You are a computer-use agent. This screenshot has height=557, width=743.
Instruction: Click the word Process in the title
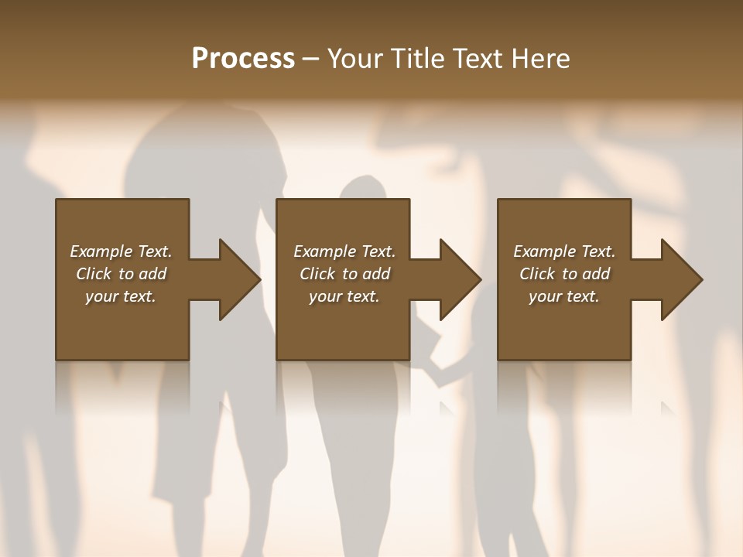243,59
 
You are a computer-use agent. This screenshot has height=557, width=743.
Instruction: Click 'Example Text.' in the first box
121,251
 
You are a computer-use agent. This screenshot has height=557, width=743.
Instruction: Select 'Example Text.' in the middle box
344,251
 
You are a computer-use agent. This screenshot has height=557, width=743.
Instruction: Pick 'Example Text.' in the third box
564,251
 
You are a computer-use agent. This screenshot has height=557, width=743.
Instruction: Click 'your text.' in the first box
121,296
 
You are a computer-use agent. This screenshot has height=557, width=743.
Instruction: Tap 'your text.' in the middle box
344,296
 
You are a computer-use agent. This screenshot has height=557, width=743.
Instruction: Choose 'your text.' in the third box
564,296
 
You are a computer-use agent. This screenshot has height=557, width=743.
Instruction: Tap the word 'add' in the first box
153,274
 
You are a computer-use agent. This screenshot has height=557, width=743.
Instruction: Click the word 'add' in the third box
597,274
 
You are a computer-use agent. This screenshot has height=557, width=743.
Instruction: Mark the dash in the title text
311,60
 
